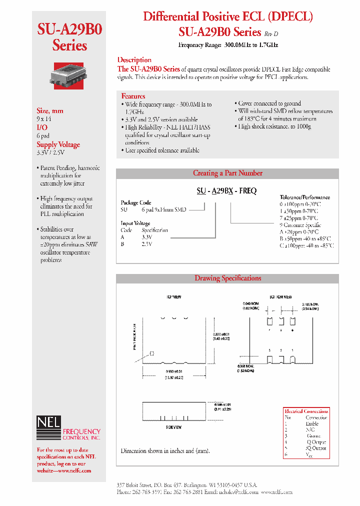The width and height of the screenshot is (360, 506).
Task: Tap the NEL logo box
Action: pyautogui.click(x=48, y=423)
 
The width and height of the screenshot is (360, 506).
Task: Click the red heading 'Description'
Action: pyautogui.click(x=134, y=60)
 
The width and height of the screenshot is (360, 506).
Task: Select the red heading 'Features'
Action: pyautogui.click(x=133, y=96)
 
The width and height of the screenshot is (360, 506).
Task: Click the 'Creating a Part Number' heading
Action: pyautogui.click(x=227, y=173)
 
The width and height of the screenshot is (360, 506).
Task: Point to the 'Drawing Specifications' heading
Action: pyautogui.click(x=227, y=278)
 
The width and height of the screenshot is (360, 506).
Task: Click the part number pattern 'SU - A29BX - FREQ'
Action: pyautogui.click(x=225, y=191)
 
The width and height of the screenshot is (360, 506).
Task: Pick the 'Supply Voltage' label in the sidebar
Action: pyautogui.click(x=58, y=144)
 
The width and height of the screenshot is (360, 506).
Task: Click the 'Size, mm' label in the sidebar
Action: pyautogui.click(x=50, y=111)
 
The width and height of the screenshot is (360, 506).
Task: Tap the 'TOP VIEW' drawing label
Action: pyautogui.click(x=173, y=297)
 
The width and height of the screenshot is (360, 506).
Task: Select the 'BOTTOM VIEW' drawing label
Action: pyautogui.click(x=281, y=297)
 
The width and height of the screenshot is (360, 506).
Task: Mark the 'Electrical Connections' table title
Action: pyautogui.click(x=306, y=411)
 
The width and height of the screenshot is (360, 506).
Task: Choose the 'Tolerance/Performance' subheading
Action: pyautogui.click(x=304, y=197)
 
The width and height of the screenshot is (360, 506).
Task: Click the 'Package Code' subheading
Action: pyautogui.click(x=136, y=203)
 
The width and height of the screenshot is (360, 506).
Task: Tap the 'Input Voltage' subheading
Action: pyautogui.click(x=135, y=223)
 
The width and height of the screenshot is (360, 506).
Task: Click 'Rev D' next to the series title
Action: pyautogui.click(x=270, y=33)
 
